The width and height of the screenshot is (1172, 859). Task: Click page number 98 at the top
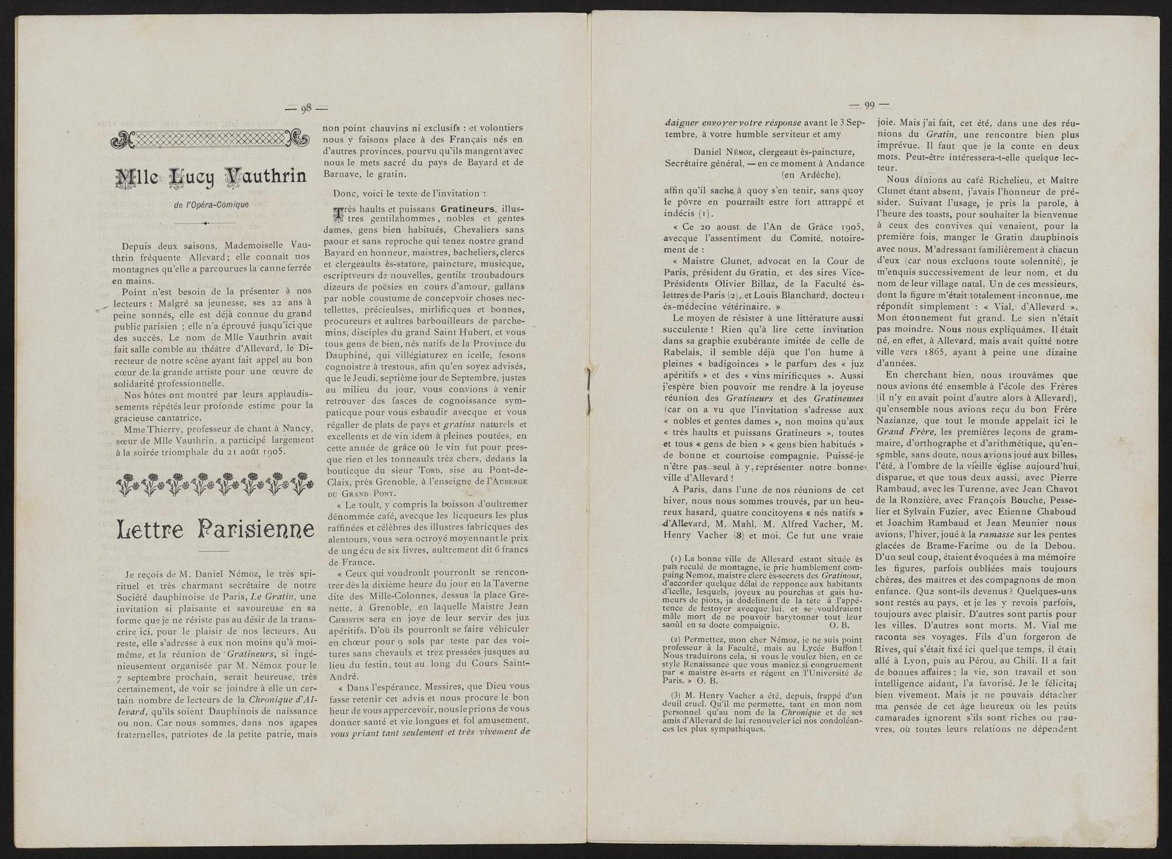[x=306, y=107]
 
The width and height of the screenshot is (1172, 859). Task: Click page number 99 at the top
[x=870, y=106]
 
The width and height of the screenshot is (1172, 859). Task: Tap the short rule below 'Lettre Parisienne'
[x=214, y=552]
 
